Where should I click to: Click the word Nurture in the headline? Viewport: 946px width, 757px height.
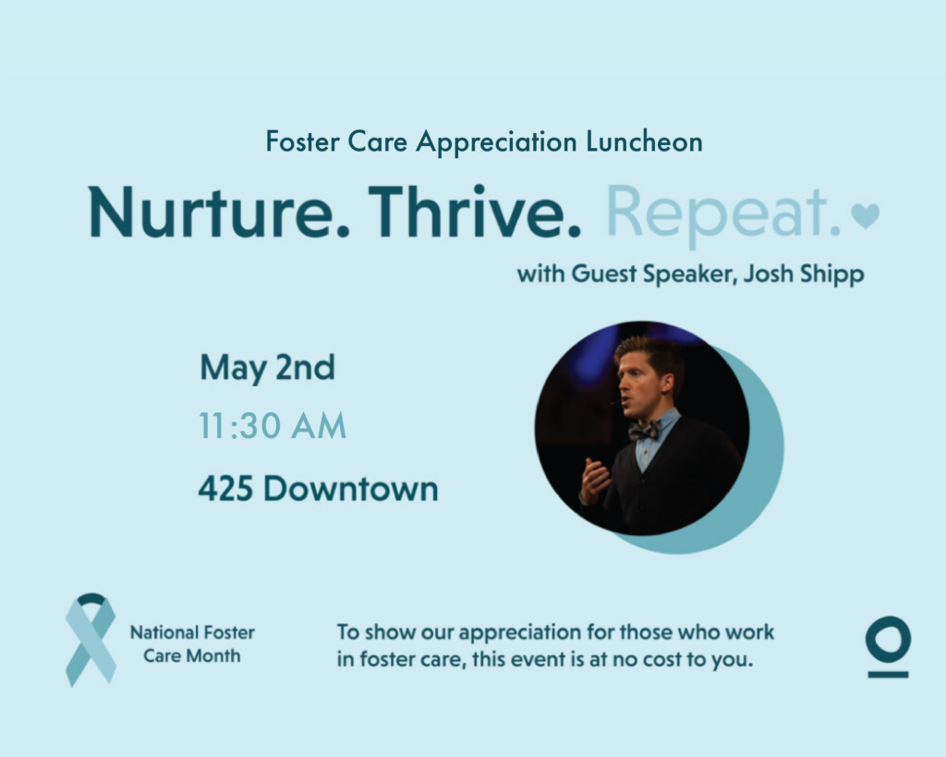(x=218, y=213)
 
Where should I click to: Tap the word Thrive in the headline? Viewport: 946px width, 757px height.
(x=474, y=212)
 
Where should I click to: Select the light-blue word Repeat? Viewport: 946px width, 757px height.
(x=722, y=216)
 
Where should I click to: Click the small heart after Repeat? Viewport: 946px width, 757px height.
(x=865, y=215)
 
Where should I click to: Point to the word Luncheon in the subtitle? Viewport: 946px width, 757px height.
(x=644, y=141)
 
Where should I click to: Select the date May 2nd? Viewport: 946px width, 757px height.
(x=267, y=368)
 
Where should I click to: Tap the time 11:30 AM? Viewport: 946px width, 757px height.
(x=273, y=425)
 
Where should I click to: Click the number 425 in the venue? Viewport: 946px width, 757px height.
(x=225, y=488)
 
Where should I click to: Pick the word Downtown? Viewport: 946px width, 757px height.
(x=350, y=488)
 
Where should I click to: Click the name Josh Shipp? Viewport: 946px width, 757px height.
(x=804, y=275)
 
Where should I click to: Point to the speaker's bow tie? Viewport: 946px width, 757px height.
(x=644, y=431)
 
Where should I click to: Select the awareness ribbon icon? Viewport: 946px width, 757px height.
(x=91, y=640)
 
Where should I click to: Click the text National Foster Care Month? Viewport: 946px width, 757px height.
(x=192, y=644)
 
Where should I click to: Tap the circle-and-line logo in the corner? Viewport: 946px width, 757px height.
(x=888, y=646)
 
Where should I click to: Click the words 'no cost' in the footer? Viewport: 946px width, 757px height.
(x=647, y=659)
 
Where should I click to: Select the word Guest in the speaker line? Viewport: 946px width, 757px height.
(x=603, y=275)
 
